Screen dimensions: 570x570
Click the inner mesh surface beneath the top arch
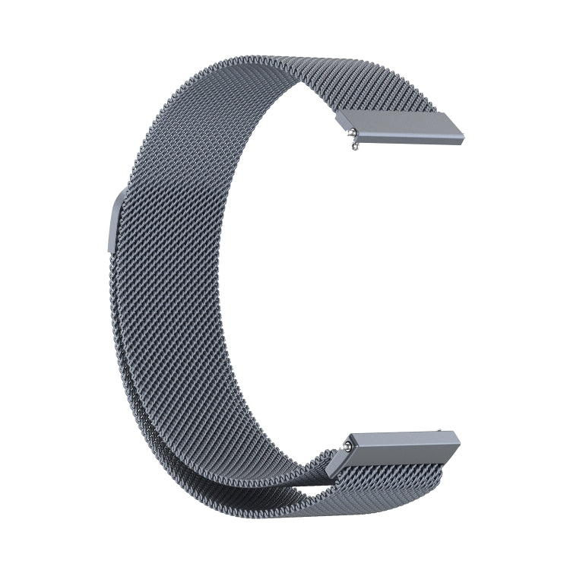251,114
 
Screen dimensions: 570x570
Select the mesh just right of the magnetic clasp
152,228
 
